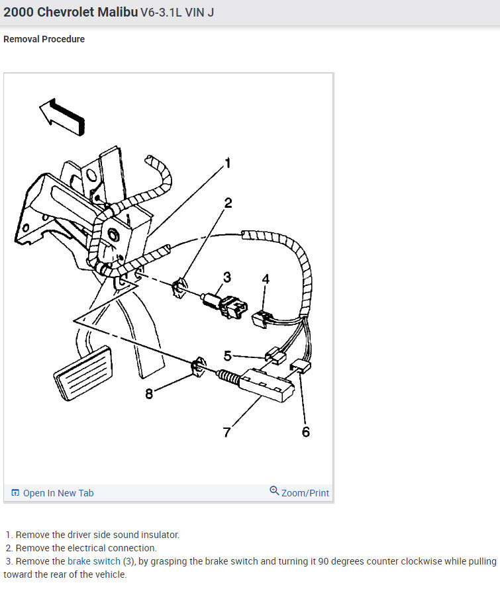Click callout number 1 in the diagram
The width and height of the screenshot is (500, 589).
coord(227,163)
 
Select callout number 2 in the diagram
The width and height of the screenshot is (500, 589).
coord(228,203)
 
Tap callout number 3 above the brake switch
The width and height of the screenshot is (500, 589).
coord(227,277)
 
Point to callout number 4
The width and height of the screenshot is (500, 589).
coord(266,279)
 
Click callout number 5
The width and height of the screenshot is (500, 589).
coord(227,355)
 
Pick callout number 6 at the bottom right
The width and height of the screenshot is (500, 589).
coord(306,432)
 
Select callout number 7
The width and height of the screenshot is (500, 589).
coord(226,432)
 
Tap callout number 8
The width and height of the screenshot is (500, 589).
coord(149,394)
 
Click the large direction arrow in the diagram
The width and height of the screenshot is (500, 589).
coord(62,116)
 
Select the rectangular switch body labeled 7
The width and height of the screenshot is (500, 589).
coord(267,385)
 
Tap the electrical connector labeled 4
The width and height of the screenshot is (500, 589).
coord(260,319)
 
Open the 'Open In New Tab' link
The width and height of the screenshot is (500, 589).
coord(58,493)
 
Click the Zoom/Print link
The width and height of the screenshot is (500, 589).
coord(305,493)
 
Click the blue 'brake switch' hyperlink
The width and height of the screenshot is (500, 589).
coord(94,561)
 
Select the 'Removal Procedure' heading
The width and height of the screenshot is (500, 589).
coord(44,39)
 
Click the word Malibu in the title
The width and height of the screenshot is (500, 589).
coord(118,12)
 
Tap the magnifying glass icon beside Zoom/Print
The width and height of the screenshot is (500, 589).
coord(274,490)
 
